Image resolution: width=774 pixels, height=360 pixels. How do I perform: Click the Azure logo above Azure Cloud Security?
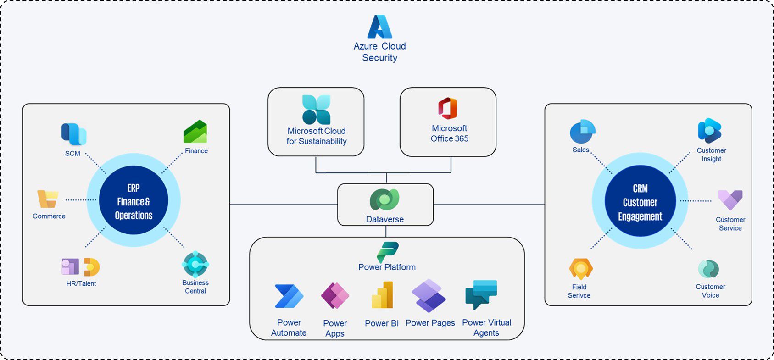tap(380, 27)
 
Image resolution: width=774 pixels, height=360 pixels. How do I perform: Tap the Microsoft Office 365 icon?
tap(448, 109)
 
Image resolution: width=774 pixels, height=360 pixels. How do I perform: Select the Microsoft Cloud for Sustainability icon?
tap(316, 110)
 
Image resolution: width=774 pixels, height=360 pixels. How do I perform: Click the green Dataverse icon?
tap(384, 200)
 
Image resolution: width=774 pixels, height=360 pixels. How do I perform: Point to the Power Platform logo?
tap(388, 252)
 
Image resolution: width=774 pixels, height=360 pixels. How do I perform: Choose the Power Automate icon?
tap(289, 296)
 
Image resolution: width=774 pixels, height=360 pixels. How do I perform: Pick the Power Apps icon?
tap(335, 296)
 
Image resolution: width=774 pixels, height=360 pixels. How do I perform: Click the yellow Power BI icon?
tap(382, 295)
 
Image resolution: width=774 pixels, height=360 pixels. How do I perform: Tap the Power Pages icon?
tap(429, 295)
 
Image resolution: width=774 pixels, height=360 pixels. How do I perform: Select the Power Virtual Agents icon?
tap(481, 294)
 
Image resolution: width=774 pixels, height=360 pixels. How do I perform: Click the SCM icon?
tap(74, 134)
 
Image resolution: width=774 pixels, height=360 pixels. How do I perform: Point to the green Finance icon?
tap(195, 132)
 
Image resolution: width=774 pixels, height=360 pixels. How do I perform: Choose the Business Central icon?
tap(195, 264)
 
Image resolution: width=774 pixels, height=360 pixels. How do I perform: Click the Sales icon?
tap(582, 132)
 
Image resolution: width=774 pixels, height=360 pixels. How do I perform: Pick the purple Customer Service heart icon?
tap(730, 200)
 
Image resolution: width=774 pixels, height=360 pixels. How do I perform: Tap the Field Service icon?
tap(581, 269)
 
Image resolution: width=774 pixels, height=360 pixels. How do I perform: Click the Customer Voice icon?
tap(708, 269)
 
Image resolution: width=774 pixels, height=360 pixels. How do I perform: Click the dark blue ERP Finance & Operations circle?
tap(134, 200)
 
